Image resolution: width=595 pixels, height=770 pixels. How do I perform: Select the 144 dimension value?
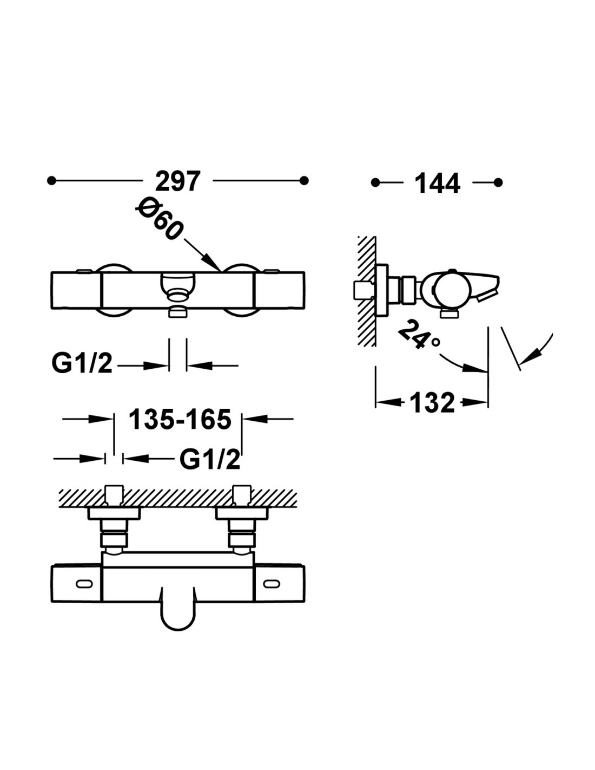point(437,183)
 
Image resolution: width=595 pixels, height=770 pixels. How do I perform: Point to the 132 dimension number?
point(432,402)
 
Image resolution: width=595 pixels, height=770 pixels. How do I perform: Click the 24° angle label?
point(419,334)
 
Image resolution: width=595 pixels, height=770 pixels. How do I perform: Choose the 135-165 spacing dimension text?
point(180,419)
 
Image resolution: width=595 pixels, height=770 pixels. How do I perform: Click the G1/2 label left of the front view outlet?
point(82,363)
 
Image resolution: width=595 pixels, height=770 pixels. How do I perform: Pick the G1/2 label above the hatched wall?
point(210,460)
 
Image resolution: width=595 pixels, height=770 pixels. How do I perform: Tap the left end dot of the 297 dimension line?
point(51,181)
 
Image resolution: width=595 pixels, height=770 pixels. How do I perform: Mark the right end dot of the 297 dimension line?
point(304,181)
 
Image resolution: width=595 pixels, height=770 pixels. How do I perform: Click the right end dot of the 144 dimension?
point(498,182)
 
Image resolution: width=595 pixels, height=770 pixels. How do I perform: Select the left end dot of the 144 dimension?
point(375,182)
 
